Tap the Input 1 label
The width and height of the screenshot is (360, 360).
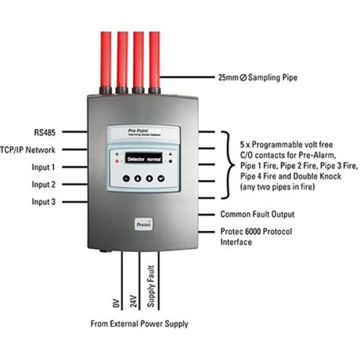click(x=43, y=166)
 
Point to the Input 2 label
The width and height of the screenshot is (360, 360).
click(x=43, y=184)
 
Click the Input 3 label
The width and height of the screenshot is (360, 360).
click(x=43, y=201)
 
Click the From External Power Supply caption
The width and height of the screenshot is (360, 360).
click(x=138, y=324)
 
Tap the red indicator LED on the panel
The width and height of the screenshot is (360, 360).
click(x=115, y=163)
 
